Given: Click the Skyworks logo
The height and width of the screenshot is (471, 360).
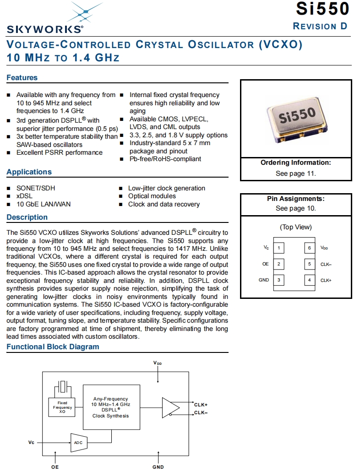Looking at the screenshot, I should pyautogui.click(x=45, y=18).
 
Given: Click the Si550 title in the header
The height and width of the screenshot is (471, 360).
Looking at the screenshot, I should pyautogui.click(x=322, y=9).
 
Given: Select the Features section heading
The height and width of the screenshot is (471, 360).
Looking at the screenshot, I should pyautogui.click(x=22, y=78).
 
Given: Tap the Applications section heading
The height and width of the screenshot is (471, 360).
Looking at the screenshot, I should pyautogui.click(x=29, y=172).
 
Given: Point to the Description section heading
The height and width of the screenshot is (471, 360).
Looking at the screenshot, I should pyautogui.click(x=27, y=217).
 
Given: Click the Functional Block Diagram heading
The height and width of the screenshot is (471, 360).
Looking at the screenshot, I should pyautogui.click(x=53, y=347).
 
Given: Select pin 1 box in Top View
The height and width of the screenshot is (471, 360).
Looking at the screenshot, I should pyautogui.click(x=278, y=248).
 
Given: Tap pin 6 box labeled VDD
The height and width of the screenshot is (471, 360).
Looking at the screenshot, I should pyautogui.click(x=310, y=248).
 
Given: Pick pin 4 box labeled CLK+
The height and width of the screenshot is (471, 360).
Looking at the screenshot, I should pyautogui.click(x=310, y=280).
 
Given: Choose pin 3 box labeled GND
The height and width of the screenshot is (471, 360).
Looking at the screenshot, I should pyautogui.click(x=278, y=280).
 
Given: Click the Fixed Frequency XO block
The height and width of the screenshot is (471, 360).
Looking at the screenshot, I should pyautogui.click(x=62, y=407).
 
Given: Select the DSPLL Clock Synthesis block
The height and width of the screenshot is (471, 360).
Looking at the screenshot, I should pyautogui.click(x=111, y=407).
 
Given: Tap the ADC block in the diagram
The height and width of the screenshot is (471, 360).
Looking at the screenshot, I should pyautogui.click(x=78, y=443).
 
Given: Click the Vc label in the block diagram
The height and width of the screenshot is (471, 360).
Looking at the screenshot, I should pyautogui.click(x=31, y=443).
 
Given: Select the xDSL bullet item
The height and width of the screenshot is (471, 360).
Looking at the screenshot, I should pyautogui.click(x=24, y=196).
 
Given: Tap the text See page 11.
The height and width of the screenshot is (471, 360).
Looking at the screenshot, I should pyautogui.click(x=295, y=173).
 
